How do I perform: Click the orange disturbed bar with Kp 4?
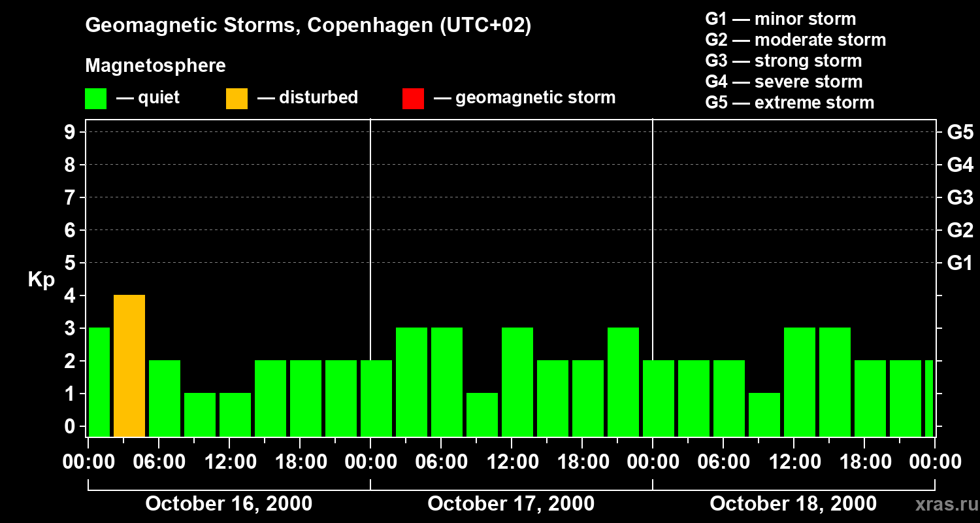pos(129,365)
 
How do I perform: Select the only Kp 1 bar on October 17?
pos(482,414)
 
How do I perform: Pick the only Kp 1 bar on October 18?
pos(764,414)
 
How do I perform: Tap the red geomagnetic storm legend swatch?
pos(413,99)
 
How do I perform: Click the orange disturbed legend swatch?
pos(237,99)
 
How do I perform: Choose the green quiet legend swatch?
pos(95,99)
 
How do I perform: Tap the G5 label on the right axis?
pos(960,133)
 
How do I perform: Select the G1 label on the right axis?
pos(960,263)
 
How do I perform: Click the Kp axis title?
pos(41,280)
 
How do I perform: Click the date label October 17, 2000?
pos(511,504)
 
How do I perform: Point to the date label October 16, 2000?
pos(229,504)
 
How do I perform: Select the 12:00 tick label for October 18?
pos(794,462)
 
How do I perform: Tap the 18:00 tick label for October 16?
pos(300,462)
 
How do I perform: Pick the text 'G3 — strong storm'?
pos(783,61)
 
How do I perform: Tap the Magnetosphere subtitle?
pos(155,66)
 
